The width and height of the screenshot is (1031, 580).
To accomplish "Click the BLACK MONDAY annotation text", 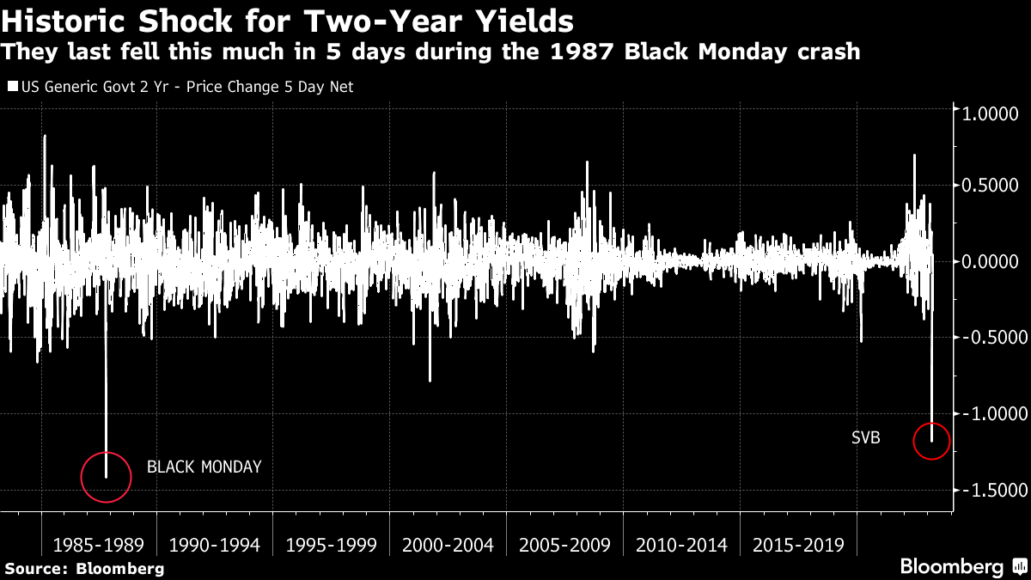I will pos(204,467).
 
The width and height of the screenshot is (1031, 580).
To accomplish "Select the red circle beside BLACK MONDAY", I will pos(106,477).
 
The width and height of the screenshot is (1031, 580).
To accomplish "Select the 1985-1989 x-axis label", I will pos(99,545).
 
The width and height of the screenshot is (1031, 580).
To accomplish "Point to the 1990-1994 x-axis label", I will pos(215,545).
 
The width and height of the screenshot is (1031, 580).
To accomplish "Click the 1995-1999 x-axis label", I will pos(332,545).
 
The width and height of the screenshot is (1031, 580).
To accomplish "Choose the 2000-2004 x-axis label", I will pos(448,545).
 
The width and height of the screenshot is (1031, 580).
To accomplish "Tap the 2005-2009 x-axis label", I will pos(564,545).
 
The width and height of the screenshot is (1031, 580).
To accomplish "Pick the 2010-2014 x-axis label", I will pos(681,545).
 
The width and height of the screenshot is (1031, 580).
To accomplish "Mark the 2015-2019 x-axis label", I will pos(797,545).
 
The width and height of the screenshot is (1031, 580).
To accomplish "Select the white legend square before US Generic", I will pos(11,87).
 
